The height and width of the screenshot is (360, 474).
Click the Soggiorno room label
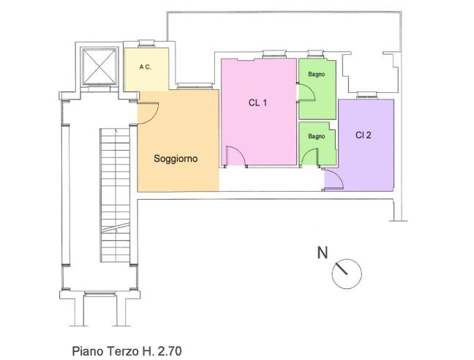[176, 159]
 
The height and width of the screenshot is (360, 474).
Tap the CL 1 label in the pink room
[257, 102]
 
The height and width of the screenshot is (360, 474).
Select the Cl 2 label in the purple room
[363, 135]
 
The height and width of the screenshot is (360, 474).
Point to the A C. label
[145, 67]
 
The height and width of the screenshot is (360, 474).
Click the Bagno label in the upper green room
[317, 74]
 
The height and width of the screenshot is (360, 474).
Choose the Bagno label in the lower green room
[317, 136]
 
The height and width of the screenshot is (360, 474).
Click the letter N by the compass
[323, 252]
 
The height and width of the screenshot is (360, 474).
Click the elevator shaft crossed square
[99, 66]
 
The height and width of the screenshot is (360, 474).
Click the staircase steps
[115, 195]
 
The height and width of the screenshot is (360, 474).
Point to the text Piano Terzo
[105, 351]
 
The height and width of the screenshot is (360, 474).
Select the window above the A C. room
[146, 44]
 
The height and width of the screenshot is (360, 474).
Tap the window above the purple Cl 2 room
[367, 96]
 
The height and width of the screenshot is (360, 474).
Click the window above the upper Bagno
[315, 54]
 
